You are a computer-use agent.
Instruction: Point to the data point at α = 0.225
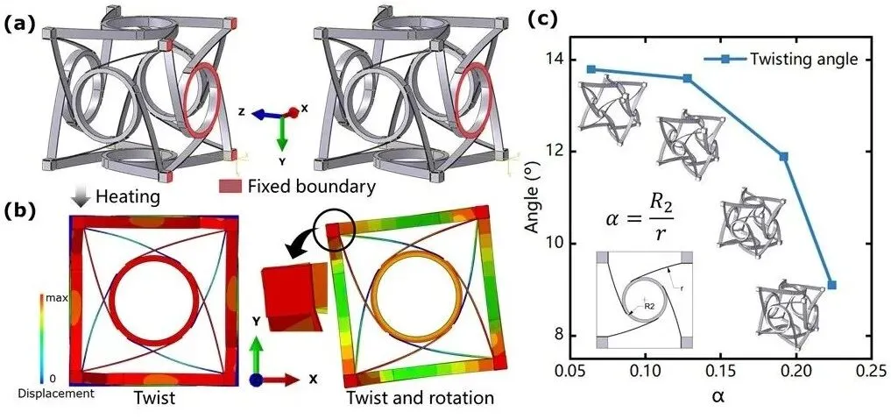click(x=831, y=285)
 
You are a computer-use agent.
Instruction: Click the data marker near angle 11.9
click(x=783, y=157)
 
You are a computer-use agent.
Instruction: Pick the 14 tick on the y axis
click(x=555, y=60)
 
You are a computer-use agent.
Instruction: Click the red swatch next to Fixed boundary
click(x=231, y=186)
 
